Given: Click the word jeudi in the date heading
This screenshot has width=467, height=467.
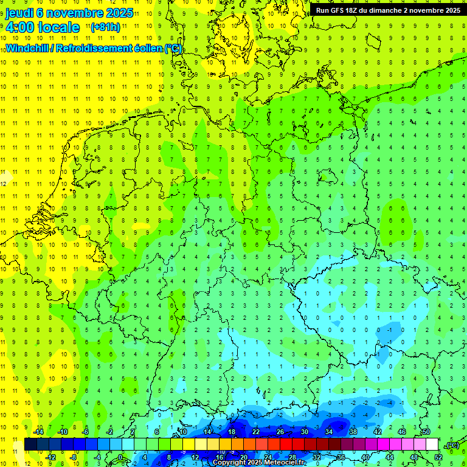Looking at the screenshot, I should coord(19,13).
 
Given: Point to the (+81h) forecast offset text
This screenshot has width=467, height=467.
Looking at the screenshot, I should coord(105,27).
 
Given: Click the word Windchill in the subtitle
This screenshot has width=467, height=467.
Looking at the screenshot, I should coord(28,49).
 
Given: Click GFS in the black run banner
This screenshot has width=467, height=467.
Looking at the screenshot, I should coord(341,10).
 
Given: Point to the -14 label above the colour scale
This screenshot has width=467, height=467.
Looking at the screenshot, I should coord(38,432).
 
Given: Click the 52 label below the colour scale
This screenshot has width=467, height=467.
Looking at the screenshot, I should coord(438,457).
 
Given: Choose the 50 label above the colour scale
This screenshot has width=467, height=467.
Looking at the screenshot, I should coord(426,432).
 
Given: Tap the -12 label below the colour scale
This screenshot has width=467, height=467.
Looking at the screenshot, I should coord(51,457).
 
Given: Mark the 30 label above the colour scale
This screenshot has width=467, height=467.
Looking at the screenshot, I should coord(304,432).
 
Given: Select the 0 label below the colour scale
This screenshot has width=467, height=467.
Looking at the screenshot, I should coord(120,457).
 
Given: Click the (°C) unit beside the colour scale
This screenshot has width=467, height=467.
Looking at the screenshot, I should coord(451,445).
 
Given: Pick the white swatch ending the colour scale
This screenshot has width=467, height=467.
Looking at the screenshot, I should coord(432,445).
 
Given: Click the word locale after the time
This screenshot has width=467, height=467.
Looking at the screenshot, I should coord(57,27).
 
